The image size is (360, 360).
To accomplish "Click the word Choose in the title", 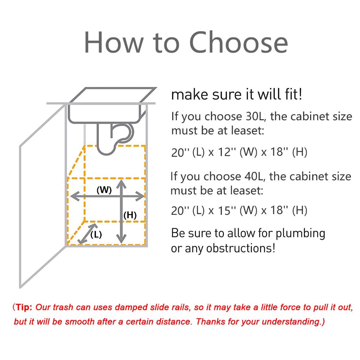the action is pos(239,43).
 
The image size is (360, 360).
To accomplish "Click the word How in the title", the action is pos(114,43).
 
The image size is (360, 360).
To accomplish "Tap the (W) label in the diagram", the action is pos(104,190).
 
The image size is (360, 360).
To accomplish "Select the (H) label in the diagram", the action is pos(130,215).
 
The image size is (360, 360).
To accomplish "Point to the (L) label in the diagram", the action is pos(96,234).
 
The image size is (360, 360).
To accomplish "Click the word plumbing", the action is pos(300,234).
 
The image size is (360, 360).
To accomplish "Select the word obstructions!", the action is pos(240,248).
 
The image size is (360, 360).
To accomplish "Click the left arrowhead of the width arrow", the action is pos(75,196).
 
